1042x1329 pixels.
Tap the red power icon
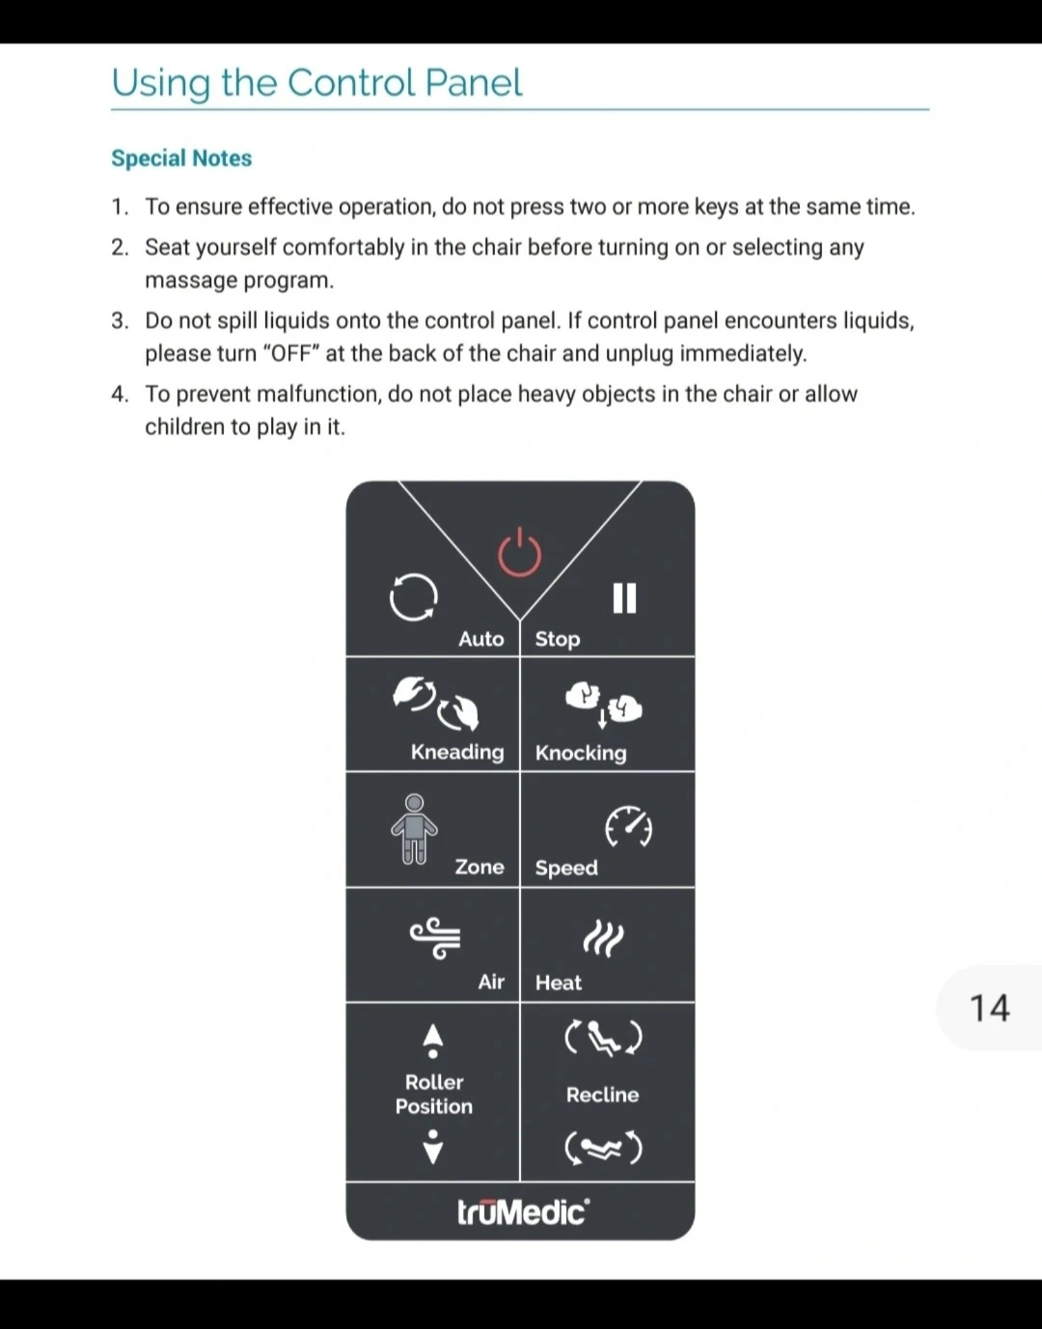coord(519,553)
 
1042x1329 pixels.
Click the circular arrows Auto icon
coord(413,597)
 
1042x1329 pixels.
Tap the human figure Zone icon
coord(414,828)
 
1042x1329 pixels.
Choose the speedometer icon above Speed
coord(628,827)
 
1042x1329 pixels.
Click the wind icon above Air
coord(435,937)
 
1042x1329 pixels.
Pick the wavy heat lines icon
coord(603,937)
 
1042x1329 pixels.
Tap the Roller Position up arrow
coord(433,1039)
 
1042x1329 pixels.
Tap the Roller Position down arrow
coord(433,1147)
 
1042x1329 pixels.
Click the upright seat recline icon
coord(603,1038)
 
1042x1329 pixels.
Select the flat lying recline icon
coord(603,1148)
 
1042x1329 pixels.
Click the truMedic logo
coord(522,1211)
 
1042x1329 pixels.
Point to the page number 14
coord(989,1009)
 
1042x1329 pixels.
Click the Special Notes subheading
coord(181,158)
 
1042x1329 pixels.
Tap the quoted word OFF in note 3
coord(290,353)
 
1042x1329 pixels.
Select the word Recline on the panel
coord(602,1094)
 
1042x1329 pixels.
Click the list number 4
coord(119,394)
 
